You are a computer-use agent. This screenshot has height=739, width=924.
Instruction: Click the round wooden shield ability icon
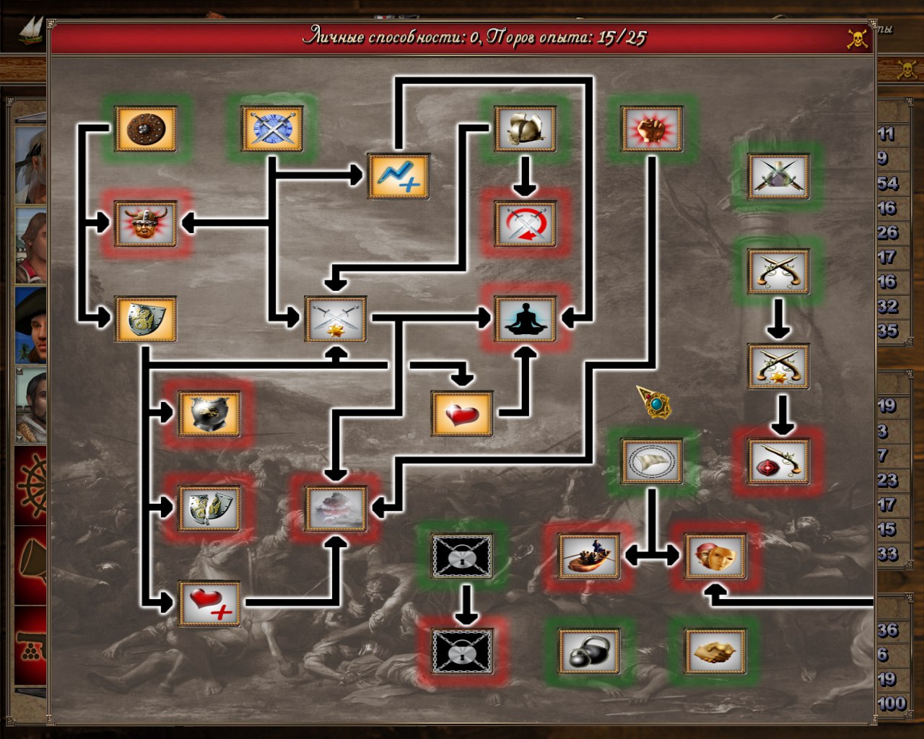coord(146,129)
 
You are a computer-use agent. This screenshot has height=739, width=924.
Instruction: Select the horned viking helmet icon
coord(146,224)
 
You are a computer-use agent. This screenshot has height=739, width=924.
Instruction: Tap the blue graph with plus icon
coord(398,176)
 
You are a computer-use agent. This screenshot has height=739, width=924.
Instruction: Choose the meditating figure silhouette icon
coord(526,319)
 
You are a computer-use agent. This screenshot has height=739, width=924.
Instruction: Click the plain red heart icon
coord(462,414)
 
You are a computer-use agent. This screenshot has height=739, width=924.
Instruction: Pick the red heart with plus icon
coord(209,603)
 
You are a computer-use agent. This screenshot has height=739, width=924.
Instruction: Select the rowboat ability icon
coord(589,556)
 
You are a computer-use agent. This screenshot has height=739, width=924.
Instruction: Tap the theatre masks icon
coord(715,556)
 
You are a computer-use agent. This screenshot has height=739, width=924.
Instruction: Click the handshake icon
coord(715,651)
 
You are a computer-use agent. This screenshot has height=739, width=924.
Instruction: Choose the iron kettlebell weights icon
coord(589,651)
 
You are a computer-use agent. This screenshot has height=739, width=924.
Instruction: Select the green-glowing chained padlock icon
coord(462,556)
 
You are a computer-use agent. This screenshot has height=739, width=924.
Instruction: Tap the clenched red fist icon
coord(652,129)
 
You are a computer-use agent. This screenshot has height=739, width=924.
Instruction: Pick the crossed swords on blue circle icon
coord(272,129)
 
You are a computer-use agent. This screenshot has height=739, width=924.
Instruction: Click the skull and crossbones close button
coord(857,38)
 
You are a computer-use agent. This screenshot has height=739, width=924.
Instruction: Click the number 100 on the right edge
coord(892,704)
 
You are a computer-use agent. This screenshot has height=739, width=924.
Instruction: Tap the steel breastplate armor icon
coord(209,414)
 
